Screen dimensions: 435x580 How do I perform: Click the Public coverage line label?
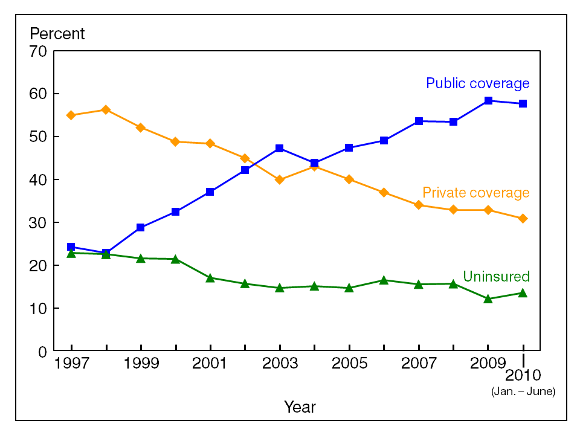click(x=477, y=83)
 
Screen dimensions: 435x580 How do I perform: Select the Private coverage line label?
click(x=475, y=193)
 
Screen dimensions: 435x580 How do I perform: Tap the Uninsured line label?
click(x=496, y=277)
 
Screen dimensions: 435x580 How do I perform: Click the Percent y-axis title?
click(x=57, y=34)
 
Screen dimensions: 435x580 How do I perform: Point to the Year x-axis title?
click(x=300, y=407)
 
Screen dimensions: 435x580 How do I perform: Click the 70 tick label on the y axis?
click(x=38, y=51)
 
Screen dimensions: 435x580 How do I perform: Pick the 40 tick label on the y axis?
click(x=38, y=180)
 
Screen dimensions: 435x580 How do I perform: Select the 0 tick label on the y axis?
click(x=42, y=352)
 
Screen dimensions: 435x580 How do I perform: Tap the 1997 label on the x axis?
click(x=71, y=364)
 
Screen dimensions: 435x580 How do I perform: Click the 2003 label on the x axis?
click(x=280, y=364)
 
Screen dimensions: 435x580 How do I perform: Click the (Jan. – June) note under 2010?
click(x=523, y=391)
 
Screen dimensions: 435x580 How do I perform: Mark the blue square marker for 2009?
click(x=488, y=101)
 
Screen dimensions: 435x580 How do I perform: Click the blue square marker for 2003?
click(x=280, y=148)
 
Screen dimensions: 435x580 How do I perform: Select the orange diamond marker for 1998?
click(x=106, y=109)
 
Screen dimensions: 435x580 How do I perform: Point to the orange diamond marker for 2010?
click(x=523, y=218)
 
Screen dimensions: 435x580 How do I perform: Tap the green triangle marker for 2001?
click(x=210, y=278)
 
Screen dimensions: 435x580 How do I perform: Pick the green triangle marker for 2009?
click(x=488, y=298)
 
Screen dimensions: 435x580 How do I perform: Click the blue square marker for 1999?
click(x=141, y=228)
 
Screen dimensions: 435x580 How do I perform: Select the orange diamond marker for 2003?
click(x=280, y=179)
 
